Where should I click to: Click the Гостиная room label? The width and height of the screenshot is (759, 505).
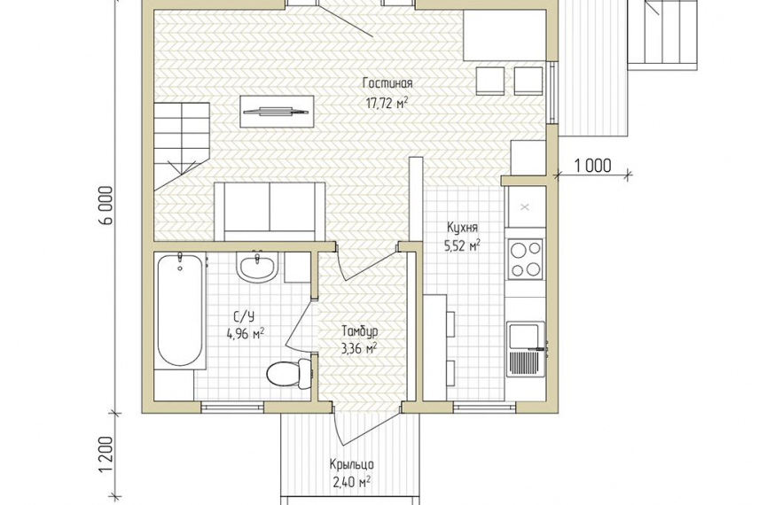pos(387,83)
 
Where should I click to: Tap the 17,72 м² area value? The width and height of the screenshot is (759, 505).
pos(387,103)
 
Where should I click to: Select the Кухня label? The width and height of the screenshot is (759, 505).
pos(462,228)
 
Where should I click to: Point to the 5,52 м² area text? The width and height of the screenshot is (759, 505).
pos(462,245)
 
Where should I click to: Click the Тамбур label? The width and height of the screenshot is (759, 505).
pos(360,331)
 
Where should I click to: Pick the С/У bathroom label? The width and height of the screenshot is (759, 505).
pos(245,317)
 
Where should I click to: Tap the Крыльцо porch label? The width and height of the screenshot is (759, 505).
pos(352,465)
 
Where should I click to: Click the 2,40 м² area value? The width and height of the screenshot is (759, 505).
pos(352,482)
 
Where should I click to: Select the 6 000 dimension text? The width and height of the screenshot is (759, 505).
pos(107,205)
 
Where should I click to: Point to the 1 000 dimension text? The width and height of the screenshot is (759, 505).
pos(593,166)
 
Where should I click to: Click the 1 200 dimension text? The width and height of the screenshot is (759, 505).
pos(107,456)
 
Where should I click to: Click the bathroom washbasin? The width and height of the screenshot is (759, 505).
pos(257,267)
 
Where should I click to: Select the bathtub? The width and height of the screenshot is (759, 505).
pos(180,309)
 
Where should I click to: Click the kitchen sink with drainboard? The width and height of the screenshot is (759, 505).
pos(526,349)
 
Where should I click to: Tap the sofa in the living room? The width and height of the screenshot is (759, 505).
pos(270,212)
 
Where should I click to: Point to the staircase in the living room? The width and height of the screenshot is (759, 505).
pos(182,145)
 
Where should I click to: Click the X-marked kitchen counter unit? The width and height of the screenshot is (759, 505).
pos(525,207)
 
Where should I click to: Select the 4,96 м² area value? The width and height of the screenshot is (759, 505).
pos(245,334)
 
